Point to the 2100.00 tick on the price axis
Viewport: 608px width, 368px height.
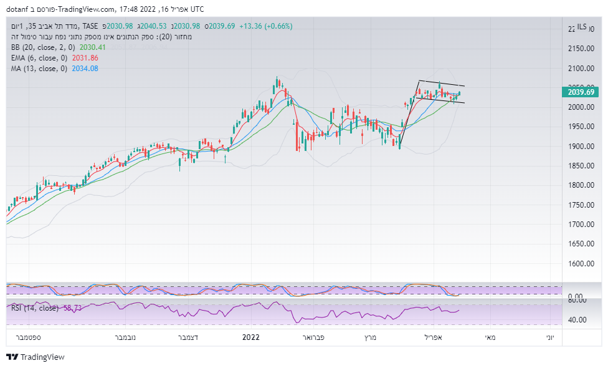click(x=580, y=68)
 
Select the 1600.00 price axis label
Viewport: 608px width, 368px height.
click(x=580, y=263)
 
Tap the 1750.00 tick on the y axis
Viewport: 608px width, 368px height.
click(x=580, y=205)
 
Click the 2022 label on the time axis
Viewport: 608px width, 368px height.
click(x=250, y=337)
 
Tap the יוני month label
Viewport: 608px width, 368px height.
click(x=549, y=337)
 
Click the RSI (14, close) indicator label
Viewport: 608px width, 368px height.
click(x=35, y=308)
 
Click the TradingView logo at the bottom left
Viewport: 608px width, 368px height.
click(x=36, y=357)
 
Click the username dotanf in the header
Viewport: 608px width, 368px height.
click(x=18, y=9)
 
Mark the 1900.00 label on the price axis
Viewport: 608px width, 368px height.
click(x=580, y=146)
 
